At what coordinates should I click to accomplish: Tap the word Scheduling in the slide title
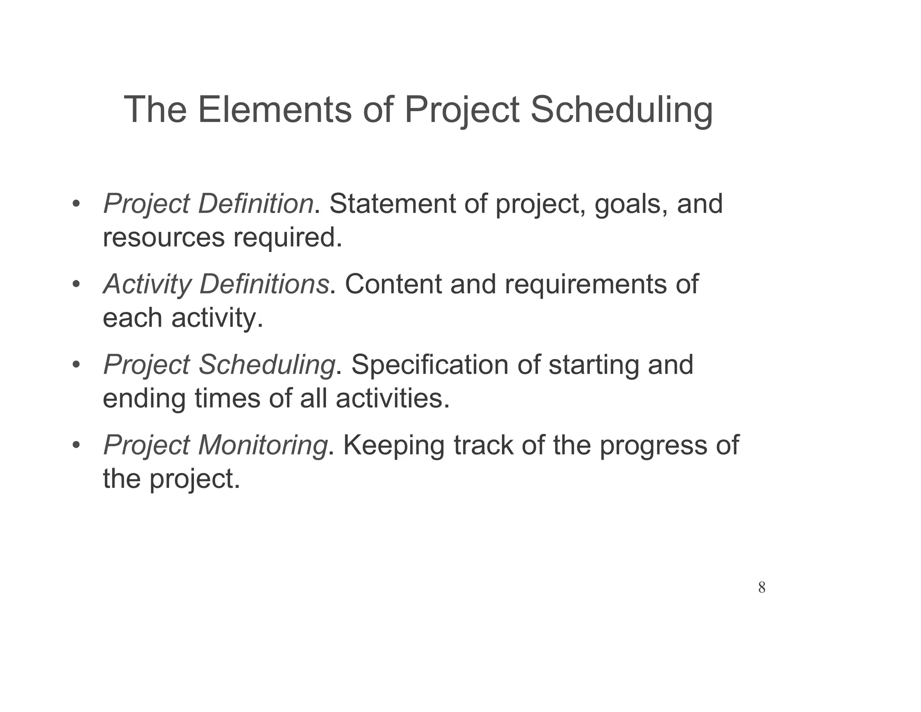[621, 110]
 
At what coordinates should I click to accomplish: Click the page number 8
[761, 587]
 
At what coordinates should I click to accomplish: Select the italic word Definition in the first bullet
[255, 203]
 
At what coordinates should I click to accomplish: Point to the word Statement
[393, 203]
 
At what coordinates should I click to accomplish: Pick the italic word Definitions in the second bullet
[264, 284]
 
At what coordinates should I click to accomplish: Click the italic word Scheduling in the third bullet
[266, 365]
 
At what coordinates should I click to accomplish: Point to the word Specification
[429, 365]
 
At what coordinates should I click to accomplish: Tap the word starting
[594, 365]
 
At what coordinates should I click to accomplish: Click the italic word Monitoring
[263, 446]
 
